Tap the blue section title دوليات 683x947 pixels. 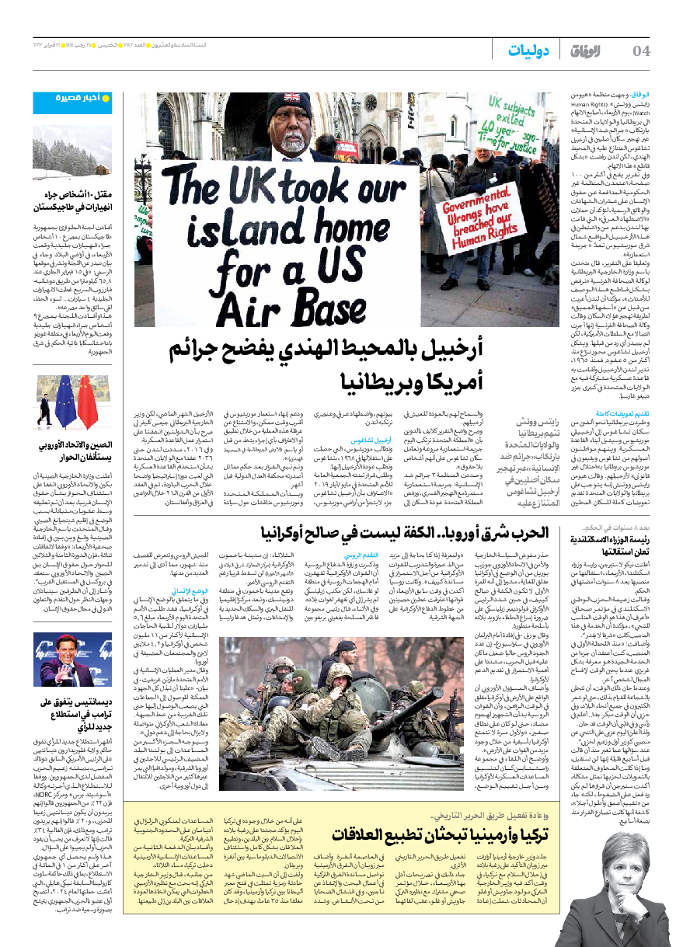(x=529, y=51)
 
